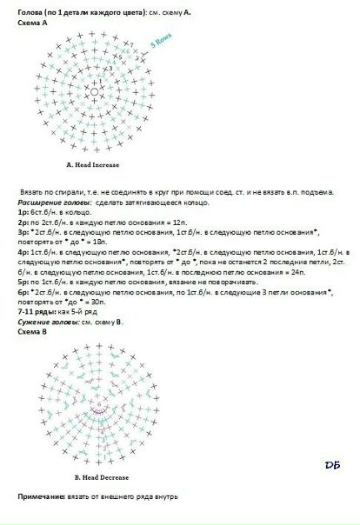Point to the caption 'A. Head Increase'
pyautogui.click(x=93, y=164)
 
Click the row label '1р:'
pyautogui.click(x=23, y=211)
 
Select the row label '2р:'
pyautogui.click(x=23, y=223)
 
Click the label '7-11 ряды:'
pyautogui.click(x=35, y=313)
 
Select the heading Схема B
pyautogui.click(x=32, y=331)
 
